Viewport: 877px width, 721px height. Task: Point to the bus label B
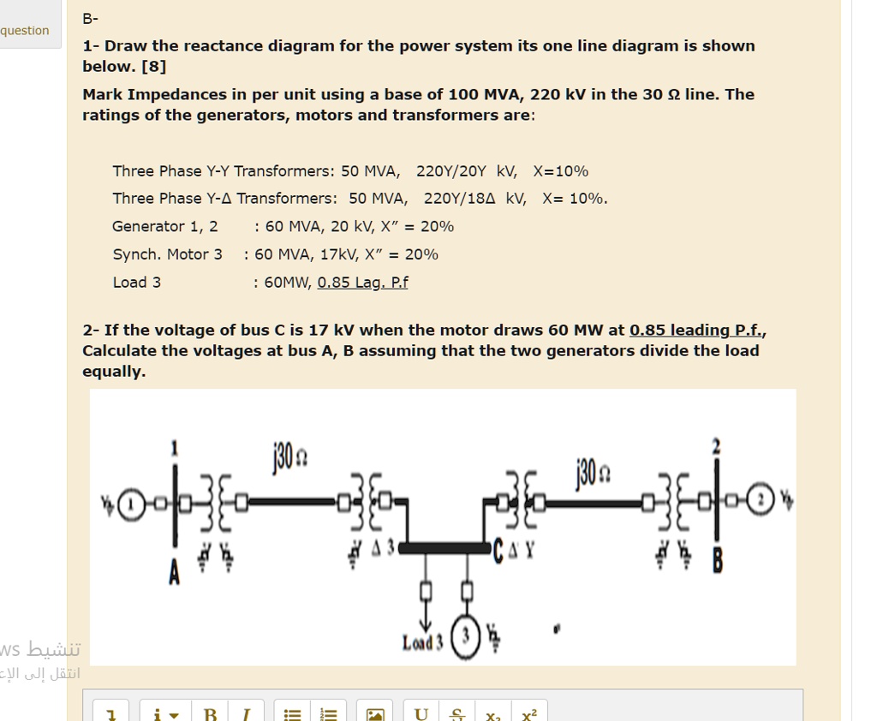coord(717,561)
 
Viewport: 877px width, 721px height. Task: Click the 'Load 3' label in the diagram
coord(423,642)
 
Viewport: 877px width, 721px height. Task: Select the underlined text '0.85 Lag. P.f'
coord(362,283)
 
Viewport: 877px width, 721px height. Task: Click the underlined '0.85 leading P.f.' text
coord(697,331)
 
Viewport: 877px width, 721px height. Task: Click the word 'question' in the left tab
coord(25,31)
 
